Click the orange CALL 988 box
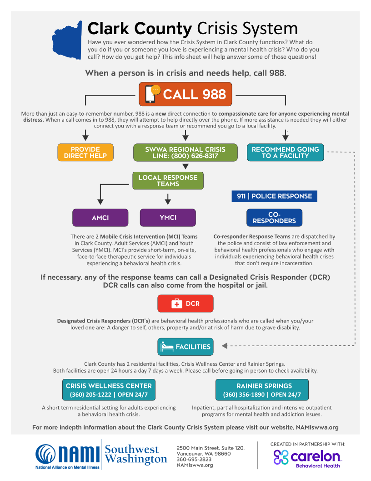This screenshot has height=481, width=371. [185, 94]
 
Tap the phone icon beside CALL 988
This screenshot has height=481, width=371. [151, 94]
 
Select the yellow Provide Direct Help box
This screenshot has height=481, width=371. [85, 152]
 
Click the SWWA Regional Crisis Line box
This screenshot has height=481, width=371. [185, 152]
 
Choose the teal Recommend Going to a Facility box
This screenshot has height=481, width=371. [285, 152]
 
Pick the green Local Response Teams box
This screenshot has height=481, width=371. [168, 180]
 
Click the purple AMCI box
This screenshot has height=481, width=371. [100, 218]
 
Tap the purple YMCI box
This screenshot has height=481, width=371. [168, 218]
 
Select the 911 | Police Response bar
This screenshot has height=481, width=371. [274, 196]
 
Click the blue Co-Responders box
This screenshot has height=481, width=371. [274, 218]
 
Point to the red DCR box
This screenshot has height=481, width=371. [185, 303]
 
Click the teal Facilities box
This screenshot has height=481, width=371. [185, 347]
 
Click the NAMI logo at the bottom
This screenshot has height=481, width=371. [68, 454]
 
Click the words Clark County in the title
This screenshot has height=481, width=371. [140, 29]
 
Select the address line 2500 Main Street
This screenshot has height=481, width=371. [210, 448]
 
